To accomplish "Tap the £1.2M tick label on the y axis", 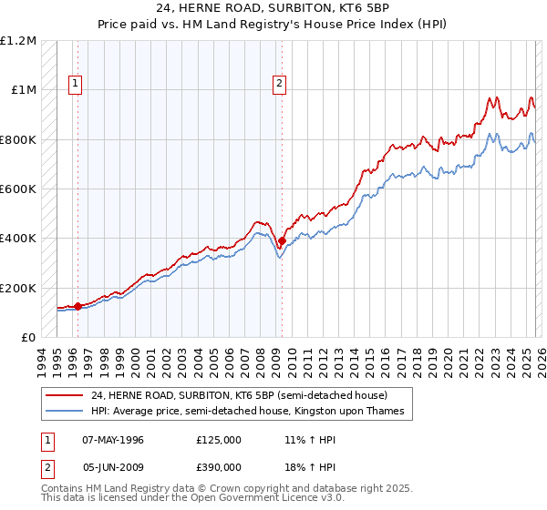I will click(18, 41).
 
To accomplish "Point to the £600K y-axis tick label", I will click(18, 189).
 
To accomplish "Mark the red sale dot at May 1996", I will click(77, 306).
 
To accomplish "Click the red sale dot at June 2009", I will click(282, 241).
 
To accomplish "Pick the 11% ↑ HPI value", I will click(309, 440).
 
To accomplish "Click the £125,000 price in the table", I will click(219, 440).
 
